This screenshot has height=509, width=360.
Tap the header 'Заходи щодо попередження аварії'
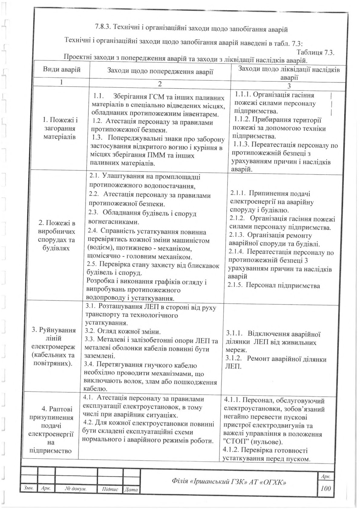click(160, 72)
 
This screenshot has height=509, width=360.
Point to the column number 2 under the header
click(160, 84)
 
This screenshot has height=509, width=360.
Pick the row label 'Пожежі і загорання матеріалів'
click(61, 128)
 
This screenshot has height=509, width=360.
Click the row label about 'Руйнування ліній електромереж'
click(54, 346)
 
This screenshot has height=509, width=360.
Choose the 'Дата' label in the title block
click(131, 489)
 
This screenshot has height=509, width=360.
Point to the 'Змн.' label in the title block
click(28, 488)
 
